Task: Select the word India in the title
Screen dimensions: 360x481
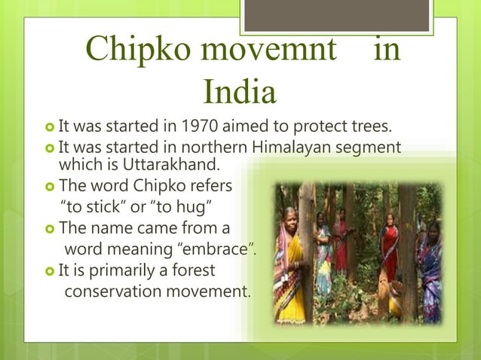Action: [240, 93]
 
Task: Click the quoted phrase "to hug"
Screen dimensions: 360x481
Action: [191, 206]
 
